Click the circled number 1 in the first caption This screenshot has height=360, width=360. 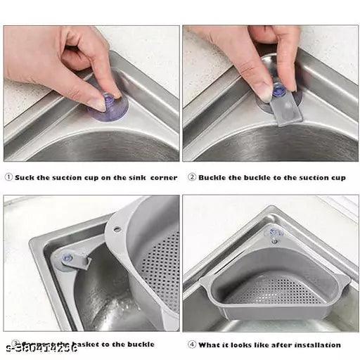pos(8,178)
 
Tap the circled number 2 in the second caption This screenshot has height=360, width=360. pos(191,178)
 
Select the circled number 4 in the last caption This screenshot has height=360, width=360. pos(191,345)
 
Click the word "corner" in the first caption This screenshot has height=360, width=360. pos(163,178)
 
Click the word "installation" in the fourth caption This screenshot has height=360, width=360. pos(316,345)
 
